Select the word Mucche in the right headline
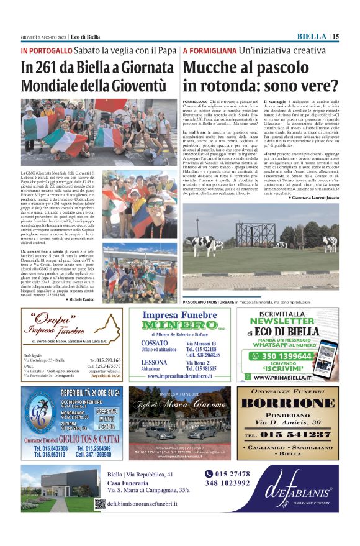tap(214, 68)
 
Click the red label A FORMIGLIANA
tap(210, 50)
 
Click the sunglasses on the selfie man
tap(153, 204)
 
